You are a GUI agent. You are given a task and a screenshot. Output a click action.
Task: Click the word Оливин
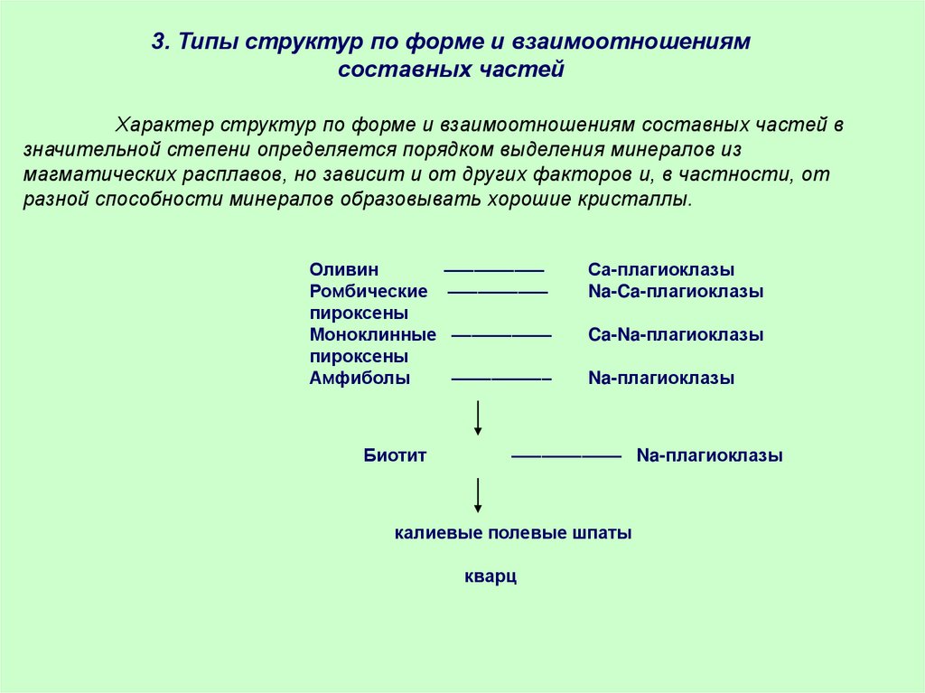click(343, 270)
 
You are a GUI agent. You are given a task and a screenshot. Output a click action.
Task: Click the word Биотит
click(395, 456)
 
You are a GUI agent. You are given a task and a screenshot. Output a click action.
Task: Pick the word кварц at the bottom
click(491, 576)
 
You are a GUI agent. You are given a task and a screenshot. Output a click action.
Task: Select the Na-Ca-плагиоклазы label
click(676, 292)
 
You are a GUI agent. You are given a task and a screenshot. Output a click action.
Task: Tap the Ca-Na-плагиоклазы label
click(676, 335)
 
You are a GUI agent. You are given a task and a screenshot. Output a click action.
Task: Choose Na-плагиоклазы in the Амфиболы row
click(661, 379)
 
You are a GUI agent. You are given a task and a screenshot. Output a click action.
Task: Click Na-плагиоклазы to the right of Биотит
click(709, 456)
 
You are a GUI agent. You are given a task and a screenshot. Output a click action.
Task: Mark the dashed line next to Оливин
click(493, 270)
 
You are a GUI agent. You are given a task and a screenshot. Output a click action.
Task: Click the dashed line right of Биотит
click(566, 456)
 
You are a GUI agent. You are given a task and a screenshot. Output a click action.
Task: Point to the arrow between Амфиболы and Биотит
click(478, 417)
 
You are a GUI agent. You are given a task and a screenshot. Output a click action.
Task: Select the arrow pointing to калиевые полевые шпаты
click(478, 495)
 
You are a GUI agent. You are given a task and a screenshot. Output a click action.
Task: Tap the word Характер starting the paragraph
click(162, 125)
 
